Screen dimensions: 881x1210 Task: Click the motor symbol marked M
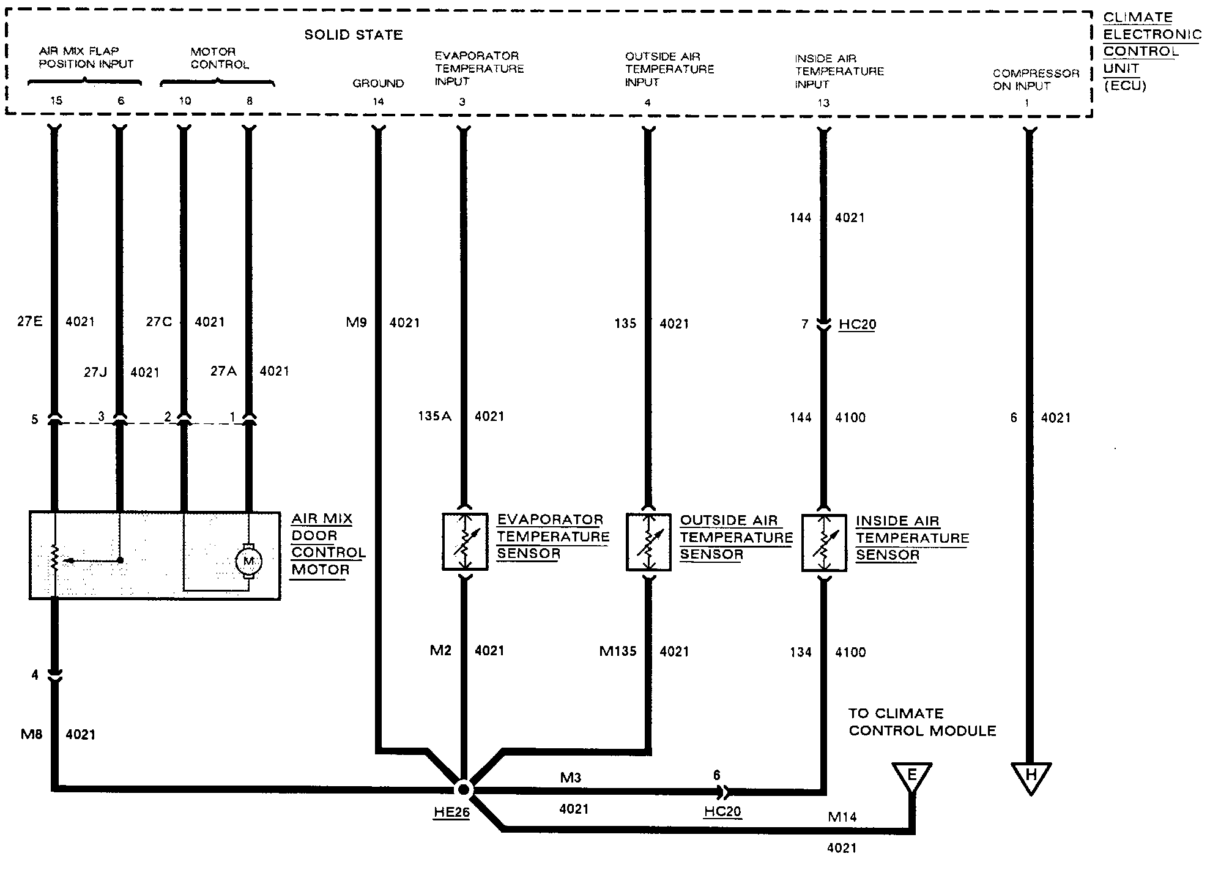[x=248, y=560]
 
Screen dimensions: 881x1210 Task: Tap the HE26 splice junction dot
[x=463, y=789]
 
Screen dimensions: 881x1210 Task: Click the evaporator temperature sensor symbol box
[x=465, y=542]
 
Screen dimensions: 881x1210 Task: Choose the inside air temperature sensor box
[x=824, y=543]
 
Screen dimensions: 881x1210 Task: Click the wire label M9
[x=356, y=322]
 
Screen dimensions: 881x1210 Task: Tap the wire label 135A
[x=434, y=417]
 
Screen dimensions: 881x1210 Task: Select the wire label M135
[x=618, y=652]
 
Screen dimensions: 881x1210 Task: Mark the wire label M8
[x=32, y=734]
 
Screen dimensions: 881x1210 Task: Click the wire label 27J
[x=95, y=372]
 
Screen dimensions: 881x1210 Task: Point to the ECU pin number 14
[x=378, y=102]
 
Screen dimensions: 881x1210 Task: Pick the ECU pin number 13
[x=823, y=103]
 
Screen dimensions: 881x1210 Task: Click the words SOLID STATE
[x=354, y=35]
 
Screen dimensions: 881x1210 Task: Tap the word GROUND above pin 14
[x=378, y=83]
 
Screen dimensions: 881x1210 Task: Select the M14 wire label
[x=842, y=817]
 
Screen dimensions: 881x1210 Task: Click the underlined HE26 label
[x=451, y=812]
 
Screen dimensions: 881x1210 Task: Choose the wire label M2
[x=440, y=650]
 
